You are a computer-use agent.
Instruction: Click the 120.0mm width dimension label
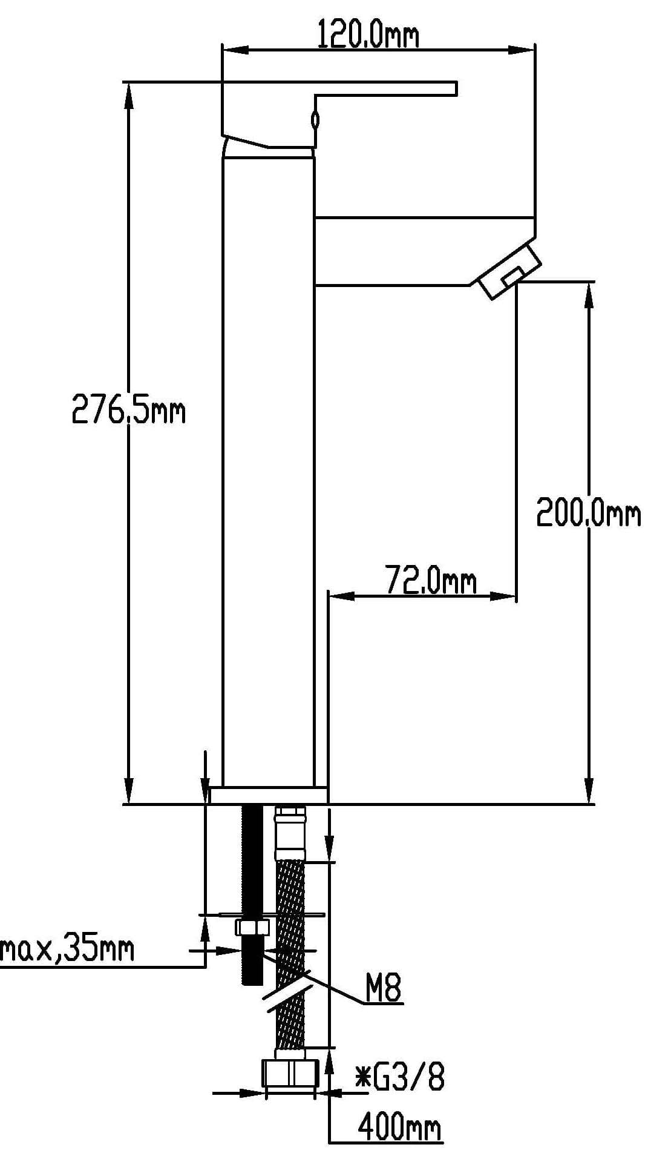coord(368,35)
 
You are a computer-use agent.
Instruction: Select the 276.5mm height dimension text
coord(129,409)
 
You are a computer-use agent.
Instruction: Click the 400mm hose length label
coord(399,1127)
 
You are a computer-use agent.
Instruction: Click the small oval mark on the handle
coord(315,119)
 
